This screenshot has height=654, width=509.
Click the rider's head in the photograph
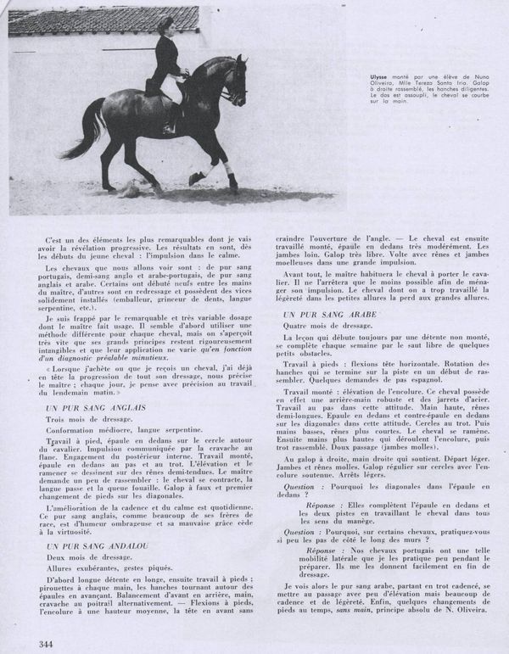click(164, 25)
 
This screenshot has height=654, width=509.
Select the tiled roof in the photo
click(102, 19)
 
